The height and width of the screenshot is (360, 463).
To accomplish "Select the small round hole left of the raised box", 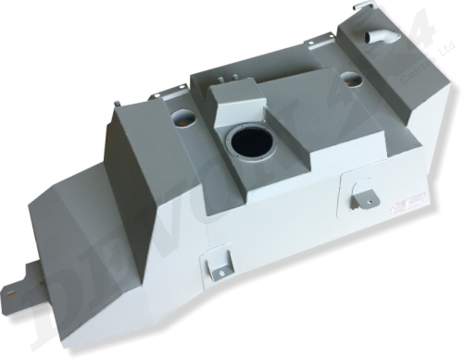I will tap(180, 119).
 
